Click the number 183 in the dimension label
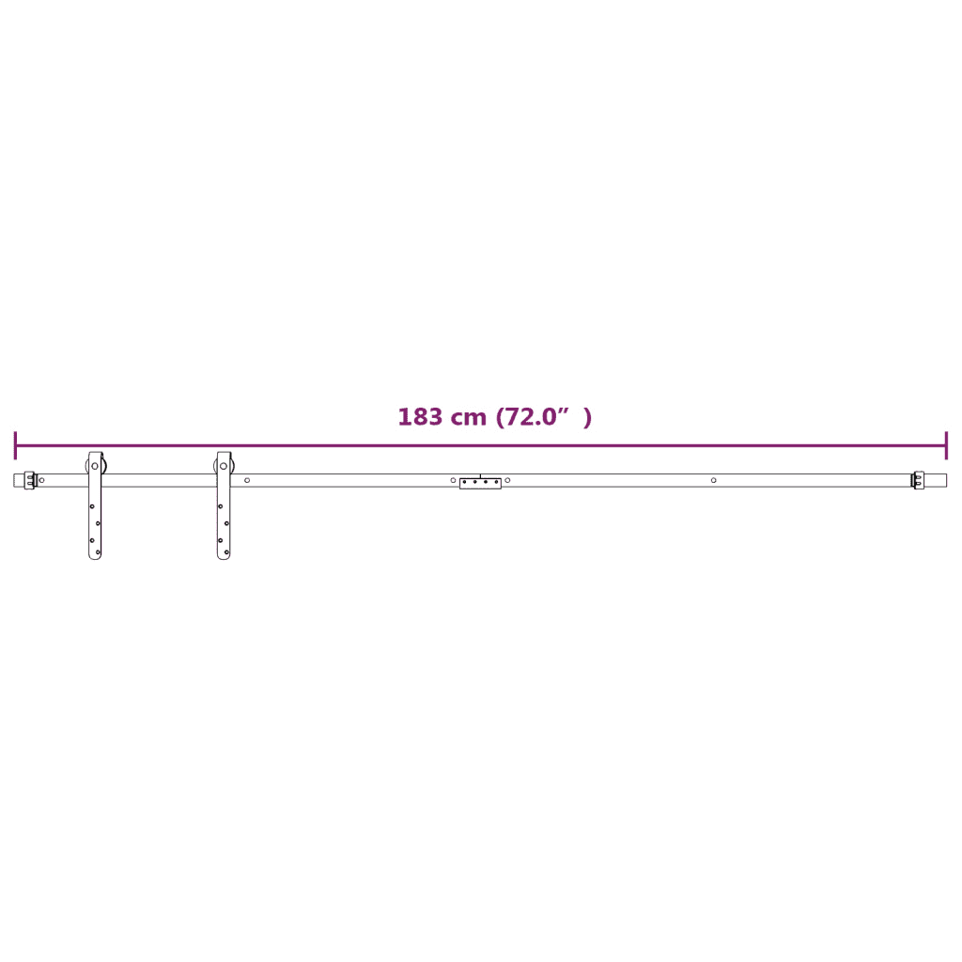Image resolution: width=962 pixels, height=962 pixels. click(x=420, y=417)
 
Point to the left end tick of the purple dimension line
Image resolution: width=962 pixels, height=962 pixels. click(x=15, y=445)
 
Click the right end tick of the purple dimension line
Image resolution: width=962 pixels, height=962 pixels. click(x=947, y=445)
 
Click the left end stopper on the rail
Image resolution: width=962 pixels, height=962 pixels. click(x=29, y=480)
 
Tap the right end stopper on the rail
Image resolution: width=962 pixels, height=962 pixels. click(x=919, y=480)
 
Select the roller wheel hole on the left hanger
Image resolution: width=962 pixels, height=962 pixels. click(x=95, y=466)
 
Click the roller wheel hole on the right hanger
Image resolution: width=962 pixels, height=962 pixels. click(x=224, y=466)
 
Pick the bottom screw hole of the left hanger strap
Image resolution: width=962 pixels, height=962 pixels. click(x=98, y=552)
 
